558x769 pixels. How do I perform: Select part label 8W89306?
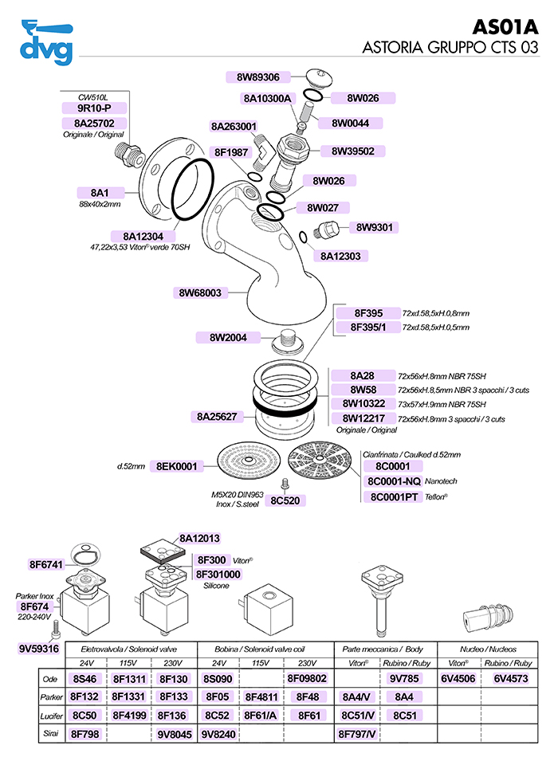tap(257, 77)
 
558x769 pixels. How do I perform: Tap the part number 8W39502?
tap(352, 151)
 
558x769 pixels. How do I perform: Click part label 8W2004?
tap(228, 338)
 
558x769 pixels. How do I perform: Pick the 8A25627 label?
tap(216, 417)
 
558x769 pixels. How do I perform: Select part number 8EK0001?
tap(181, 466)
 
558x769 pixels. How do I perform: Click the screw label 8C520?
tap(285, 500)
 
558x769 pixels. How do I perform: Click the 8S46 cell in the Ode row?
tap(85, 680)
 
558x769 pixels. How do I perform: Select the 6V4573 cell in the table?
tap(511, 680)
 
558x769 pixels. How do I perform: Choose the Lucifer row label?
tap(51, 715)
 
